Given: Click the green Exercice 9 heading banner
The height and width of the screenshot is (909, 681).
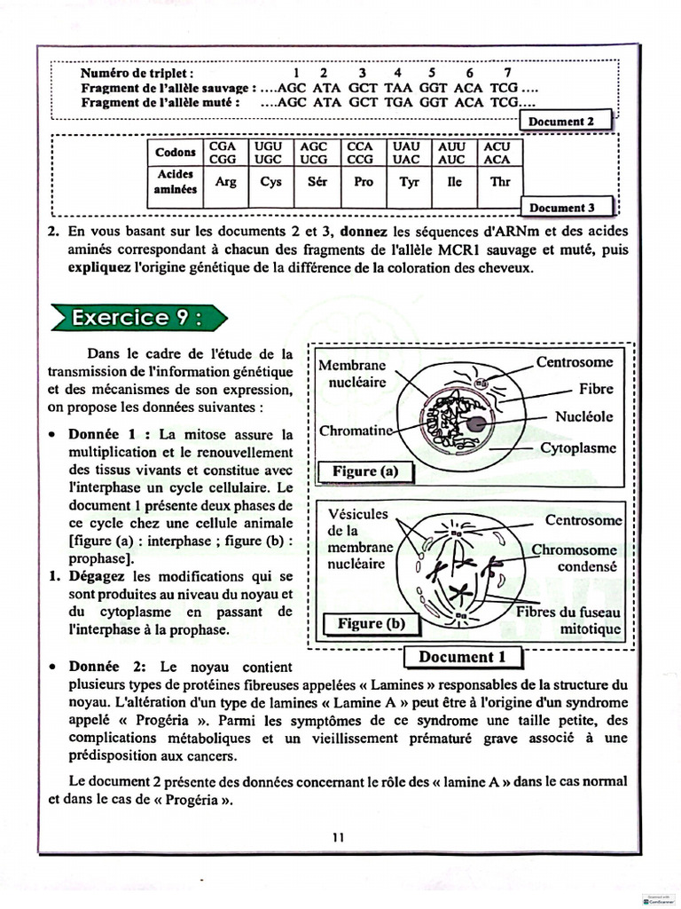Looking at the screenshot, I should (x=137, y=318).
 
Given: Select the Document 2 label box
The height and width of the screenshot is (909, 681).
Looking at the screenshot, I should (x=568, y=122).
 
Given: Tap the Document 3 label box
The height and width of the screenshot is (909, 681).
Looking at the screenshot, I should (x=568, y=208).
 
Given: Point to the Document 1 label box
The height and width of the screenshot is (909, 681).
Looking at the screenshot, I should (x=462, y=657).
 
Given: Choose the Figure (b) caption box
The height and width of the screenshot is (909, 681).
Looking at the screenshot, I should (x=371, y=624).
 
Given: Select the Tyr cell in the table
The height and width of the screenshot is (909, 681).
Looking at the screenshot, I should (x=409, y=181).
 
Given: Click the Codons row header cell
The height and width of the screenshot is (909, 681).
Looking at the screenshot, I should (x=176, y=152).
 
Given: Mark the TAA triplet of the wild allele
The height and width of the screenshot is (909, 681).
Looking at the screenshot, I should (x=397, y=88).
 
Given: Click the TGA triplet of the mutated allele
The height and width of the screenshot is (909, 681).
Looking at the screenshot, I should (x=397, y=102).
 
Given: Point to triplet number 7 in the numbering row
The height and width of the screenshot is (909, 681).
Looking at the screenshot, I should (x=507, y=73).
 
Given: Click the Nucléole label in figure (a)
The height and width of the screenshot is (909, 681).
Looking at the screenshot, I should (x=583, y=416).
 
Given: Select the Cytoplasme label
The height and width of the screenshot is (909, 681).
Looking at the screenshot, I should (x=578, y=448).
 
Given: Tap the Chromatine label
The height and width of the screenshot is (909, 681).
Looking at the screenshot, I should (x=355, y=431).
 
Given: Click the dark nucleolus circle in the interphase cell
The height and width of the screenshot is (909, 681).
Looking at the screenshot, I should (x=476, y=423).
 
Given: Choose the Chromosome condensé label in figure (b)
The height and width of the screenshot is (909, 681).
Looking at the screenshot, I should (x=575, y=557).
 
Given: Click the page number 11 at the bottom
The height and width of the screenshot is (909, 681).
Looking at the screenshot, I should (x=339, y=836).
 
